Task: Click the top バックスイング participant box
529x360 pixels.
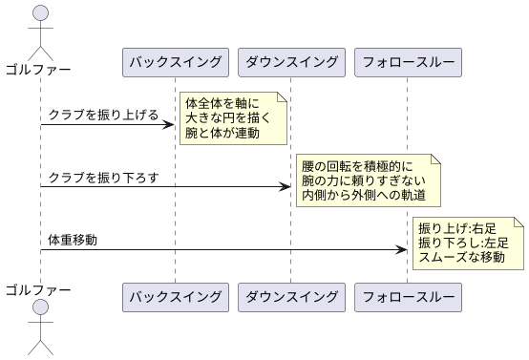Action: tap(175, 62)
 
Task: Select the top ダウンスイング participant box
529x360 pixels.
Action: tap(290, 62)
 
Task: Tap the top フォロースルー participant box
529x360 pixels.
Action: tap(407, 62)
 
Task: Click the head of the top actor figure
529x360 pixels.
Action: tap(39, 12)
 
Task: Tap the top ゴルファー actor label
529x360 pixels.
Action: tap(39, 69)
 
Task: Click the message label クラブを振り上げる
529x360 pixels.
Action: tap(103, 115)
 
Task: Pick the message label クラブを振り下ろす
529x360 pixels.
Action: tap(103, 178)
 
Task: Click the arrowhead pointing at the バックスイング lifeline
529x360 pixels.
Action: tap(169, 124)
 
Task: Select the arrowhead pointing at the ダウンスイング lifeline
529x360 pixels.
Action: tap(285, 186)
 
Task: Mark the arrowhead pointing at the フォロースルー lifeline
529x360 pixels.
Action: tap(401, 249)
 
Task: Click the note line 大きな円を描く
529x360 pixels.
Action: tap(228, 117)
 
